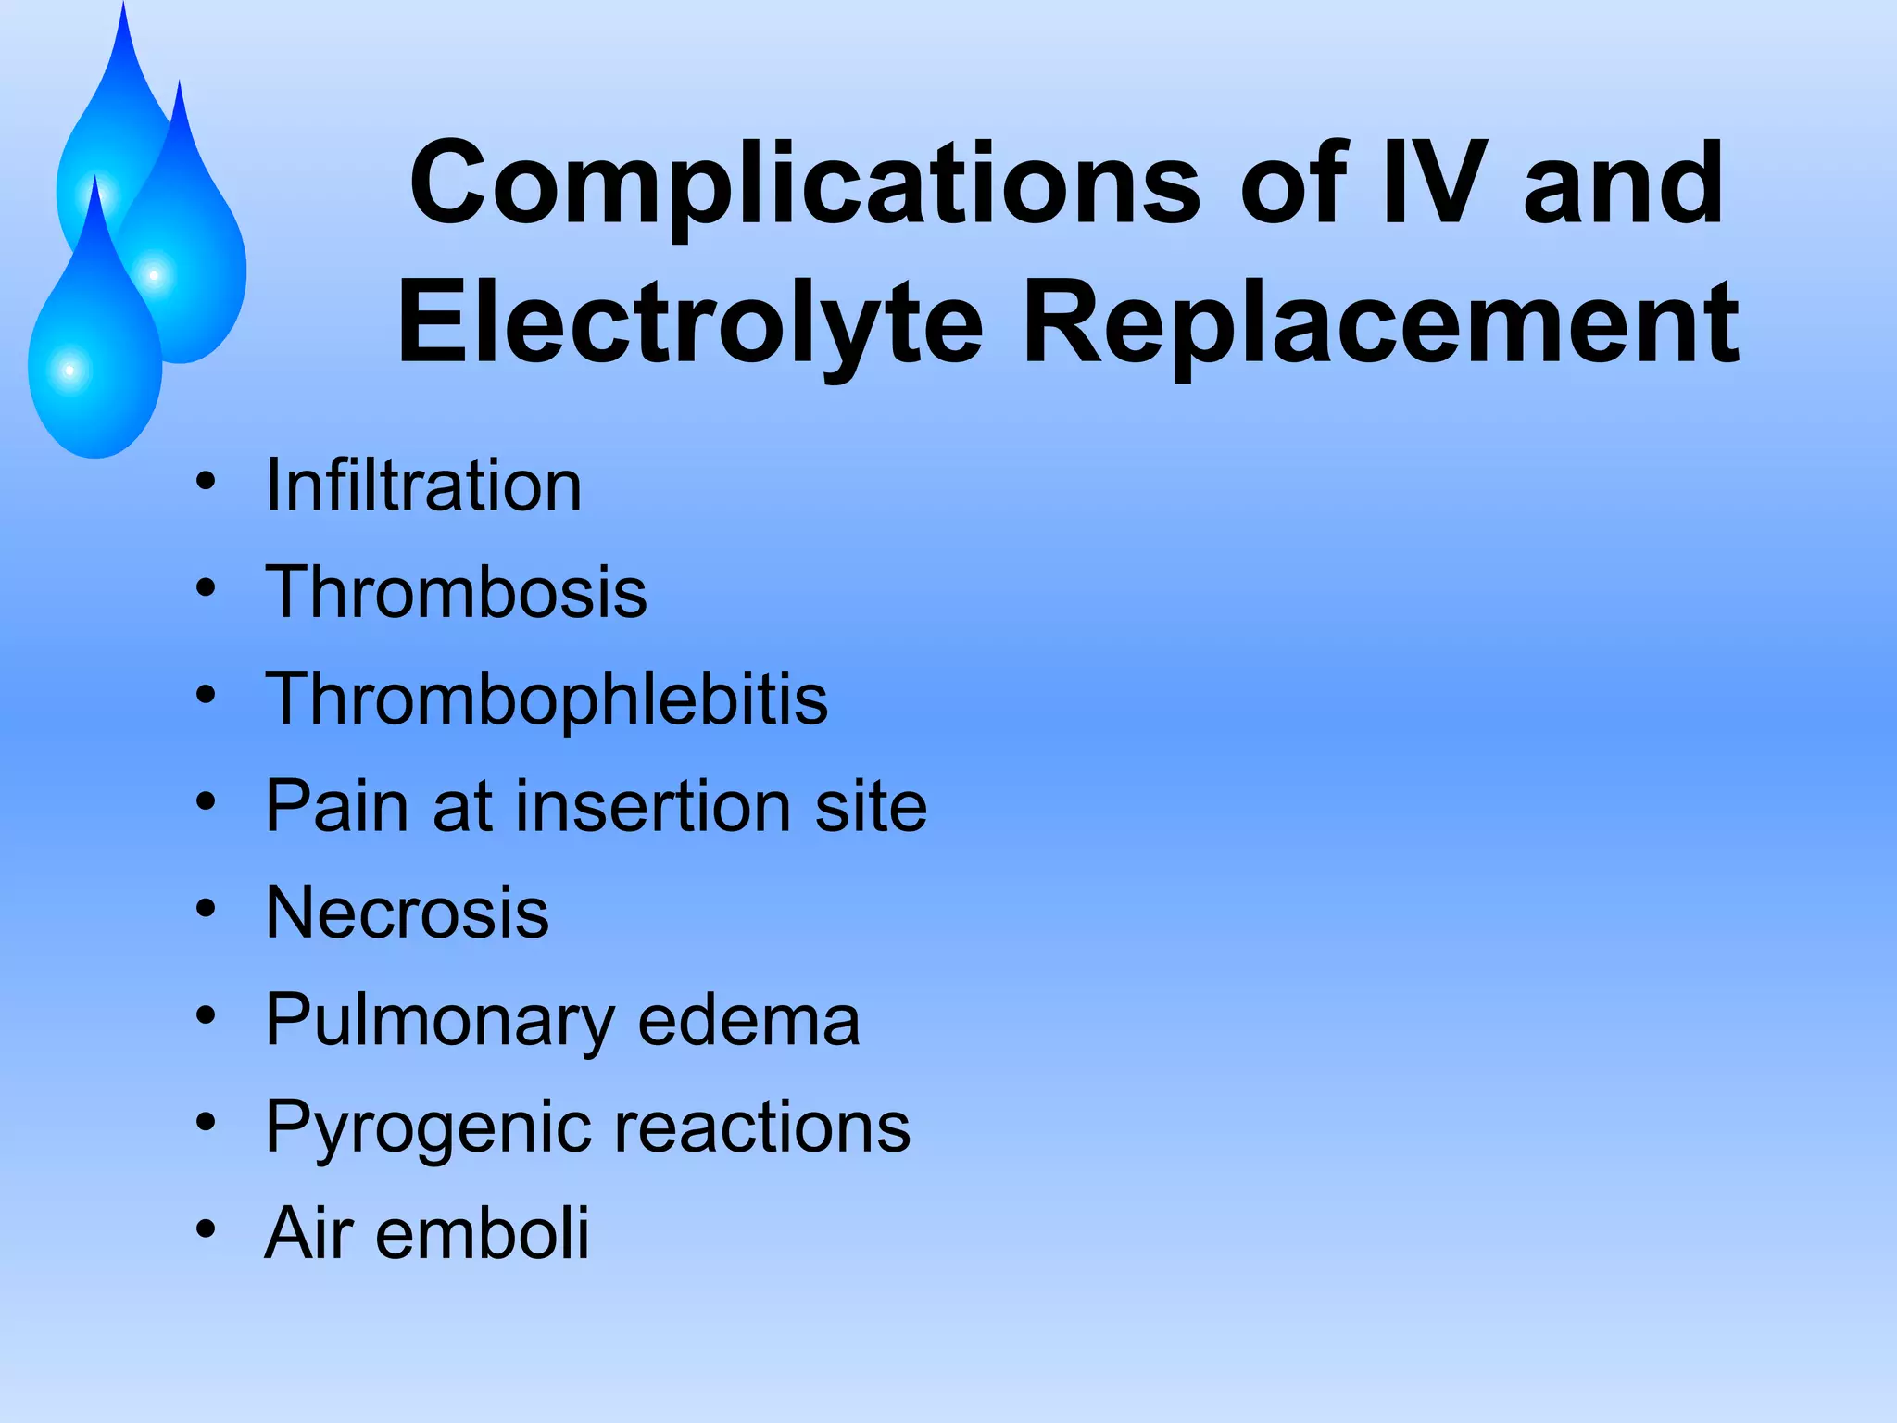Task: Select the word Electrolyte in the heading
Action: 690,324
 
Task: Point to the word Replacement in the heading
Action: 1381,324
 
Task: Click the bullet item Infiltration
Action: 423,485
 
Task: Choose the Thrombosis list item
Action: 456,592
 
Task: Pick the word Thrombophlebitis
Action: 546,699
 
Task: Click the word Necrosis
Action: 408,913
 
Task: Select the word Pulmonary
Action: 440,1020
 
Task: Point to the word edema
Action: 749,1020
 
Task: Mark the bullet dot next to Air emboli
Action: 206,1229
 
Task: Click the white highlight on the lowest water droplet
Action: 69,371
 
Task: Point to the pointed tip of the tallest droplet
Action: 123,7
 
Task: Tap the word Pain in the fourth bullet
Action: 336,805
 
